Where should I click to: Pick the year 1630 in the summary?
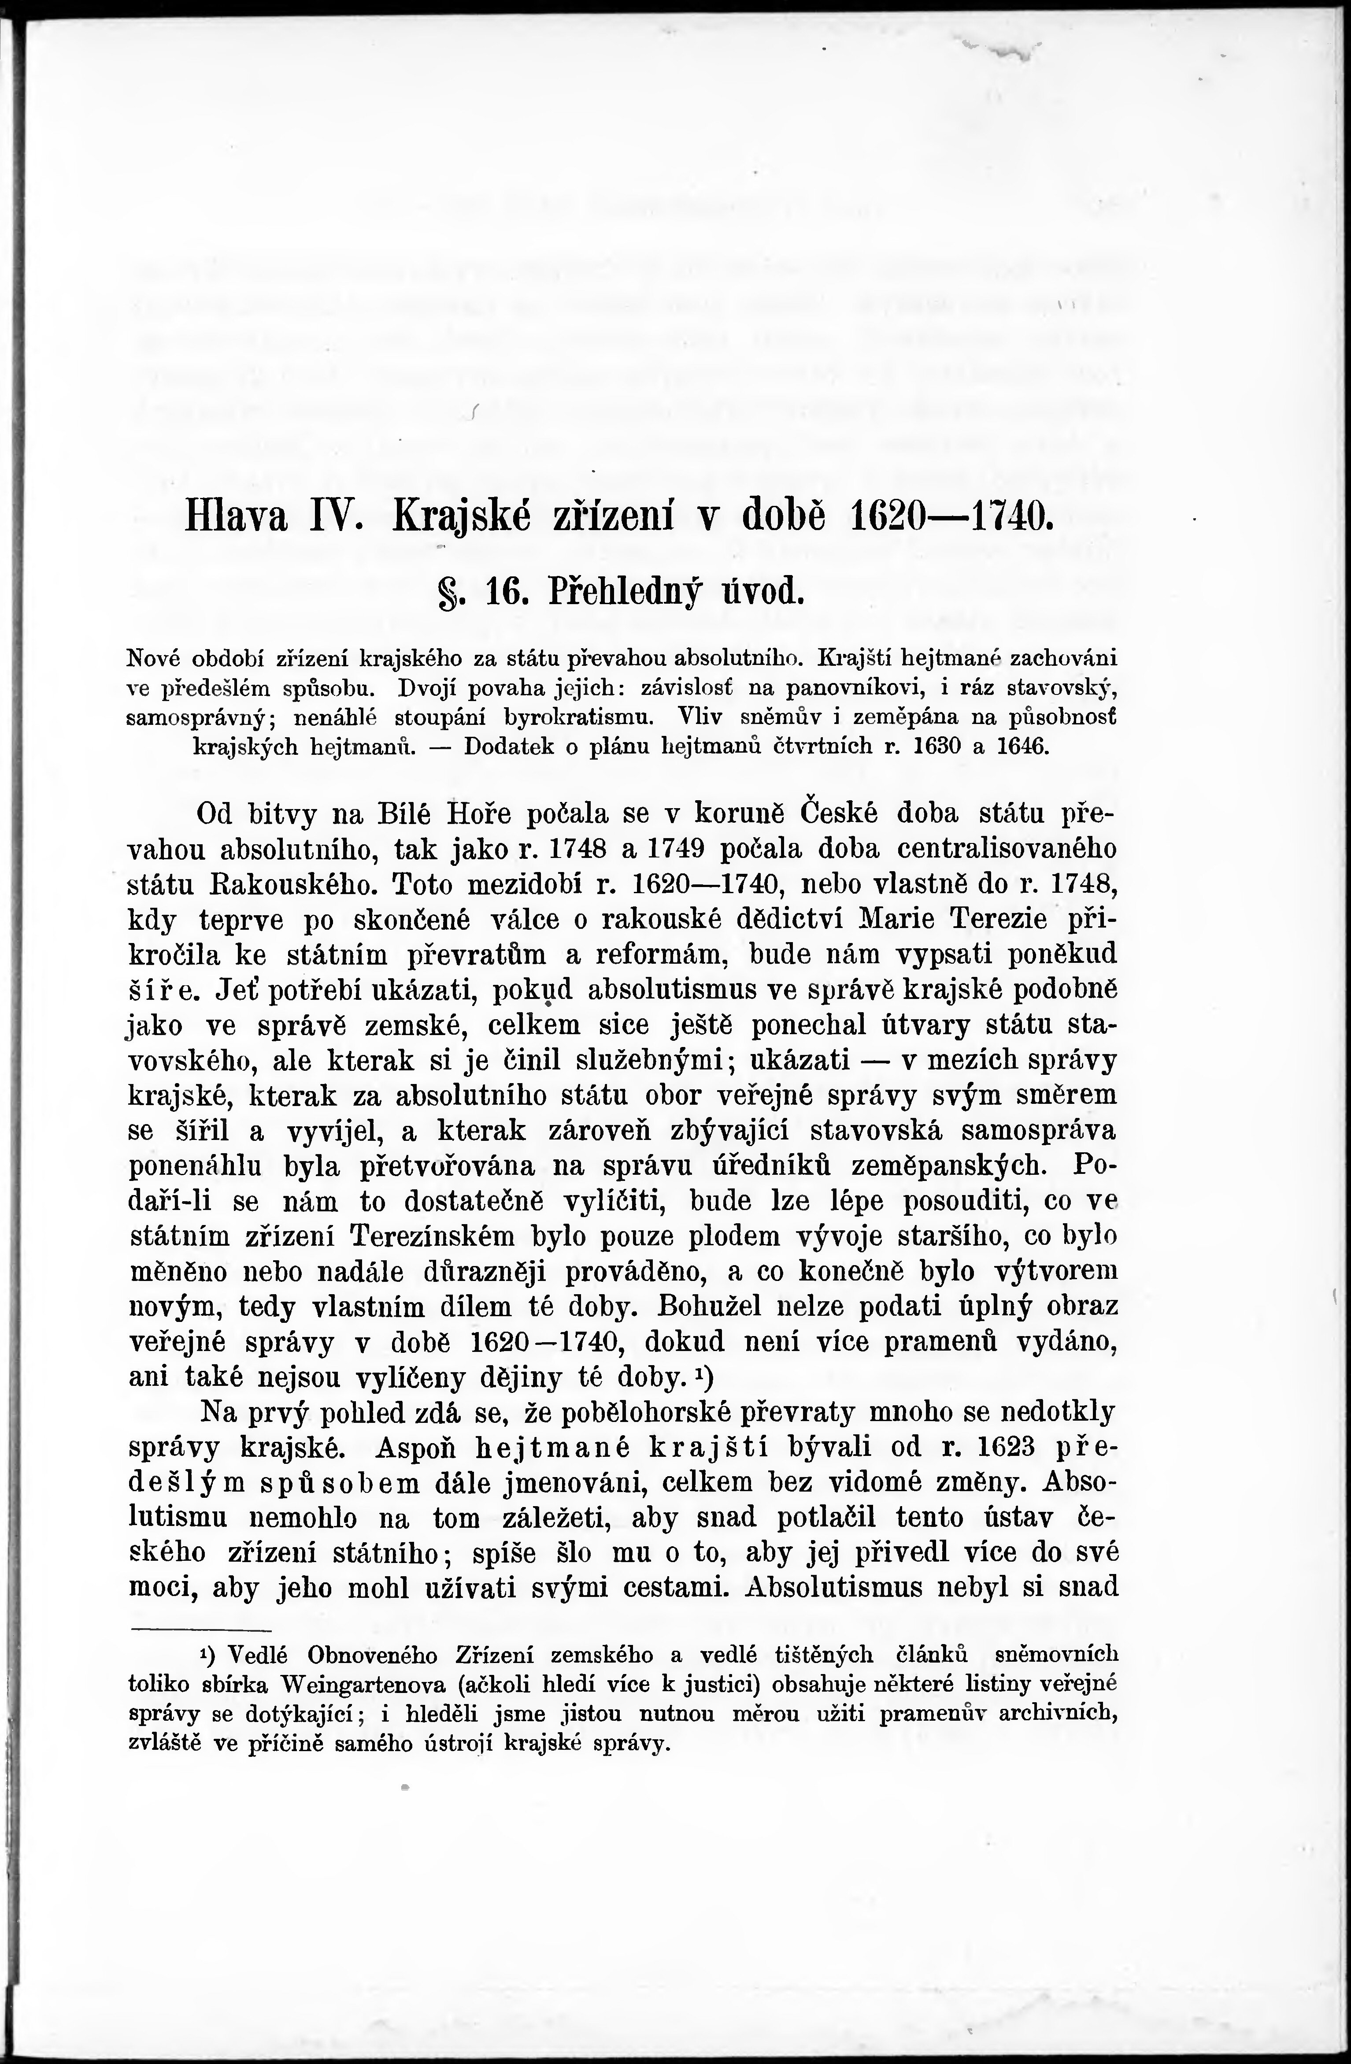click(x=936, y=747)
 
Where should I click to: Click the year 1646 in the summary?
click(x=1023, y=747)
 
